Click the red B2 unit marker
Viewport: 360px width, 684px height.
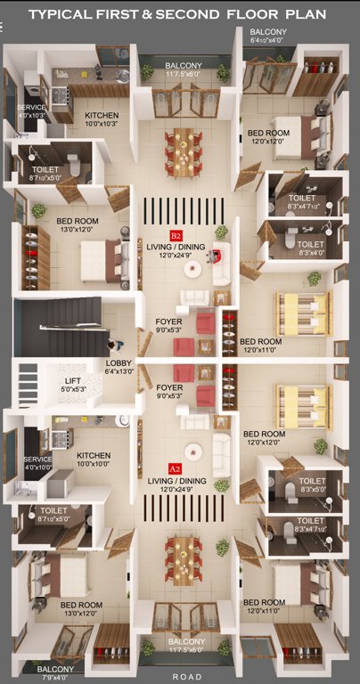pos(176,235)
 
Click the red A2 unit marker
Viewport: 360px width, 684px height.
pos(175,468)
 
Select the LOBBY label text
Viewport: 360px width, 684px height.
pos(119,363)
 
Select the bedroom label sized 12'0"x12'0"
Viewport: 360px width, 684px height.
pos(268,137)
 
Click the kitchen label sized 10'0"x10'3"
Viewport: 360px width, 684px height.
pos(101,120)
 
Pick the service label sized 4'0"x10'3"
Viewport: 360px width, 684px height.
pos(31,110)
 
